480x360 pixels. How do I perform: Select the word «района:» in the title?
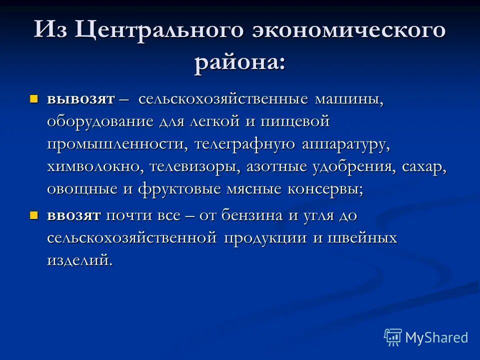[240, 64]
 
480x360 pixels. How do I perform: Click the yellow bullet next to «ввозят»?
[34, 215]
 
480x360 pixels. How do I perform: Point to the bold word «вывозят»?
[81, 98]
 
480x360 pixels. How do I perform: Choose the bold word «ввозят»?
[74, 216]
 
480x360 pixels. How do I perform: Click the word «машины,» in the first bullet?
[348, 98]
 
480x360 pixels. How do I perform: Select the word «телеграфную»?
[245, 144]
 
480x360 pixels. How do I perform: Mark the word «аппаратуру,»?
[345, 144]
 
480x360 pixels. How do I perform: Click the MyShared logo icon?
[393, 337]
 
